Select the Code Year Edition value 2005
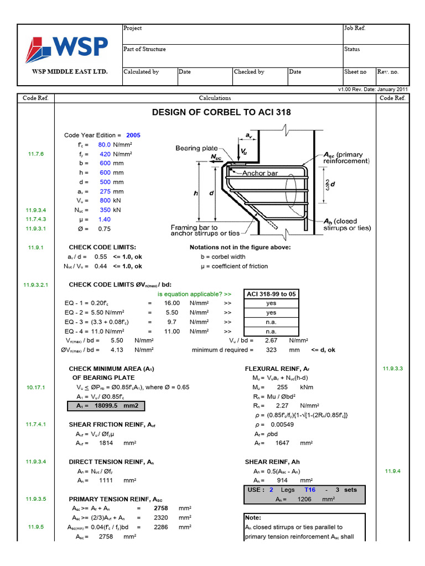point(133,135)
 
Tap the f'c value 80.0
point(104,144)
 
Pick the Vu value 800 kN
point(105,201)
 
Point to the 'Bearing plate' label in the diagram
point(196,148)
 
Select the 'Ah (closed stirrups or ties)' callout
point(346,224)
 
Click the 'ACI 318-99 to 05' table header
point(271,294)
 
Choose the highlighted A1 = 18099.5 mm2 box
point(109,406)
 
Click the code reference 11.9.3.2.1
point(36,285)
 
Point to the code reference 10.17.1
point(36,387)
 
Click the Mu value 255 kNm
point(282,387)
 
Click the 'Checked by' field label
point(249,72)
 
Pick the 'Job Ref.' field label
point(355,28)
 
